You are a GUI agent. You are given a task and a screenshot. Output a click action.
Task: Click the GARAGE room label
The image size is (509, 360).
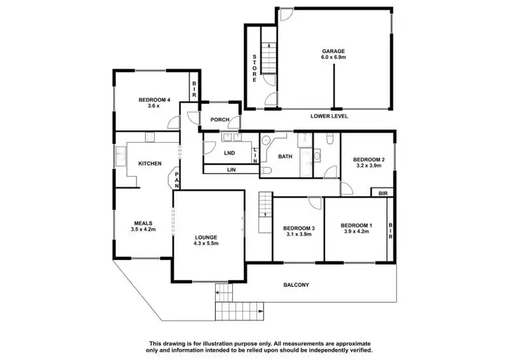pyautogui.click(x=333, y=51)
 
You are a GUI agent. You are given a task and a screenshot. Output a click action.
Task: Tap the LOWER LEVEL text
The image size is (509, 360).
pyautogui.click(x=329, y=116)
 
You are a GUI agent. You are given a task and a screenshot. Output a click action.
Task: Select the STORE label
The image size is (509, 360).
pyautogui.click(x=254, y=68)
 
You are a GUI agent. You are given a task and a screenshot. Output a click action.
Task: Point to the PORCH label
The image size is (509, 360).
pyautogui.click(x=219, y=120)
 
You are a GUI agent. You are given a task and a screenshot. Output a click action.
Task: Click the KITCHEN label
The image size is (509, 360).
pyautogui.click(x=149, y=164)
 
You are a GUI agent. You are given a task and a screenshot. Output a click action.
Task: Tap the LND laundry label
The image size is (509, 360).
pyautogui.click(x=229, y=152)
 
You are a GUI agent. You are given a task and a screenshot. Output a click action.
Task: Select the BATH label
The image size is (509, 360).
pyautogui.click(x=285, y=156)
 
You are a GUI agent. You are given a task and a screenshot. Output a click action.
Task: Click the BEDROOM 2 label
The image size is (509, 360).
pyautogui.click(x=369, y=160)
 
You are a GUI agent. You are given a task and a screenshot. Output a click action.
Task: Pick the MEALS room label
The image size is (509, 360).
pyautogui.click(x=143, y=223)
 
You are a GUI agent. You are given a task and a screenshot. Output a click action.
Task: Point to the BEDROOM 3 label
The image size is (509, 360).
pyautogui.click(x=299, y=228)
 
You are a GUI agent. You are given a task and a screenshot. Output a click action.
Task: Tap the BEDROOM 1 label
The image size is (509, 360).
pyautogui.click(x=356, y=225)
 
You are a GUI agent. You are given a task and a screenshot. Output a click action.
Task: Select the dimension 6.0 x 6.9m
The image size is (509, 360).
pyautogui.click(x=333, y=58)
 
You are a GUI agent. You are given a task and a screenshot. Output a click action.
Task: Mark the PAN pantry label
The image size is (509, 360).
pyautogui.click(x=176, y=181)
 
